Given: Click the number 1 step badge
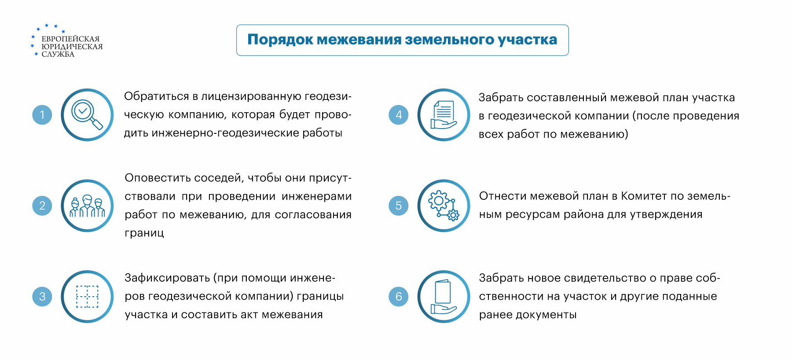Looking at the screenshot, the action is click(42, 115).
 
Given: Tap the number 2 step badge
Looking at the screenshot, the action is click(42, 206).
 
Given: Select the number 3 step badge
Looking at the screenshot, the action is click(42, 296).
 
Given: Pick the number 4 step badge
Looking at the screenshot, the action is click(399, 115).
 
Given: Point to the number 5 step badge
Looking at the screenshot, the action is click(399, 206).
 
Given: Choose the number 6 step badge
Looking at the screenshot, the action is click(399, 296).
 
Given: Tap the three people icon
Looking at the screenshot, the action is click(87, 206).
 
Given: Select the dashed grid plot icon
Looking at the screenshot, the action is click(87, 296).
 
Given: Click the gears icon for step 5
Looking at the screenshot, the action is click(444, 206).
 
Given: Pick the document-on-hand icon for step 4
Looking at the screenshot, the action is click(444, 115).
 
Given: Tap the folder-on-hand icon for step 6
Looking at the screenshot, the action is click(444, 296).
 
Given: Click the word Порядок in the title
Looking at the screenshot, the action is click(280, 40).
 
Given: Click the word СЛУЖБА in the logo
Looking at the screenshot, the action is click(58, 54).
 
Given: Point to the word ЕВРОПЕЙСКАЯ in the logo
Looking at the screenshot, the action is click(70, 39).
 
